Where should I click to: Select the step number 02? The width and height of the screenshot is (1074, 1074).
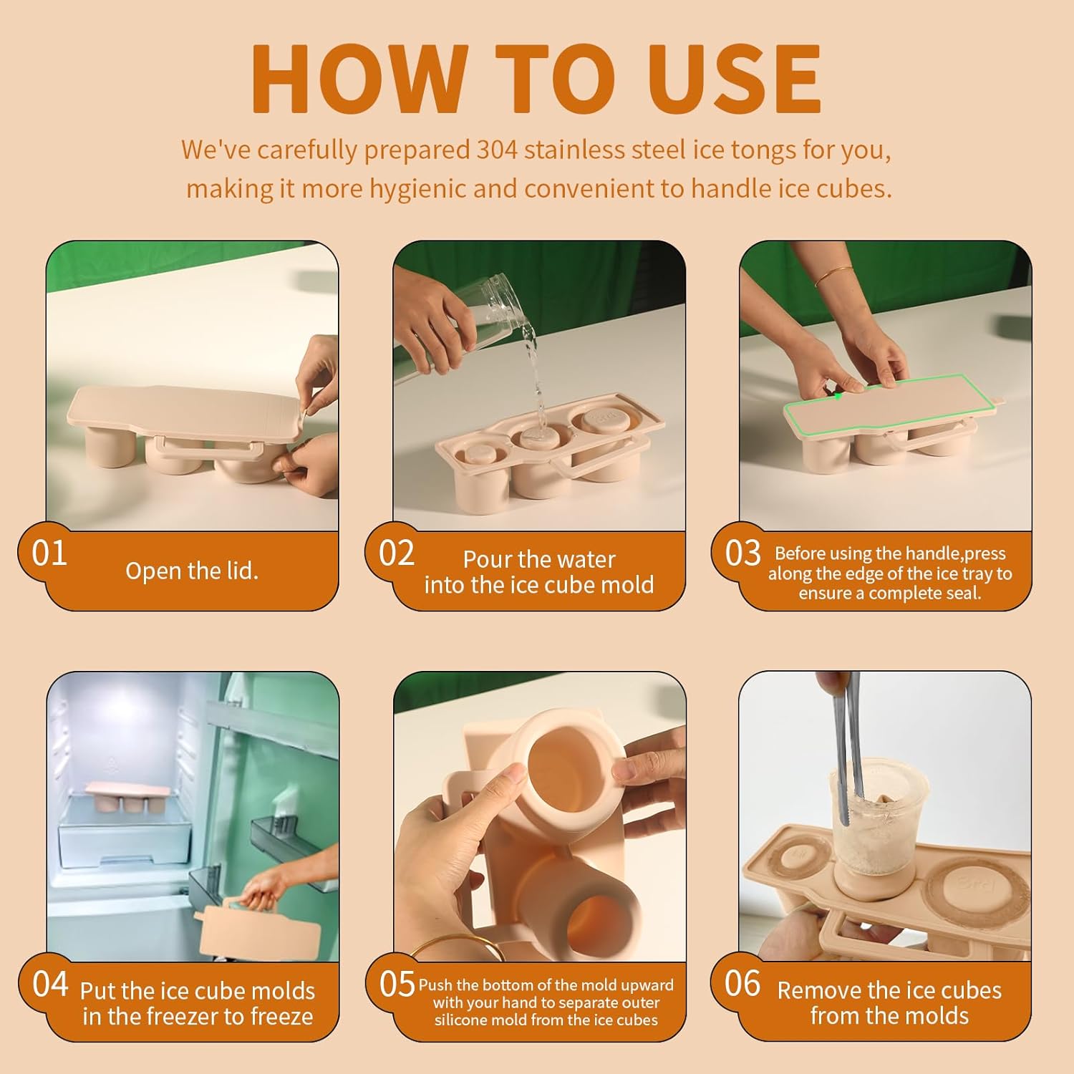[x=397, y=553]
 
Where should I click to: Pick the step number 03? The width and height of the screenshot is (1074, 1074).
[x=742, y=553]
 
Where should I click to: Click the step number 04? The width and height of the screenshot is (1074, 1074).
[x=50, y=984]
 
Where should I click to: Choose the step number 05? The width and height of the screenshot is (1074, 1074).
[x=397, y=984]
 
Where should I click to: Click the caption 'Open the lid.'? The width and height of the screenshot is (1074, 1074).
[x=192, y=571]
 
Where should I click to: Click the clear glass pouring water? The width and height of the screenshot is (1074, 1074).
[x=476, y=322]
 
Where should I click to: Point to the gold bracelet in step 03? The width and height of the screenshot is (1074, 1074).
[x=834, y=275]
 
